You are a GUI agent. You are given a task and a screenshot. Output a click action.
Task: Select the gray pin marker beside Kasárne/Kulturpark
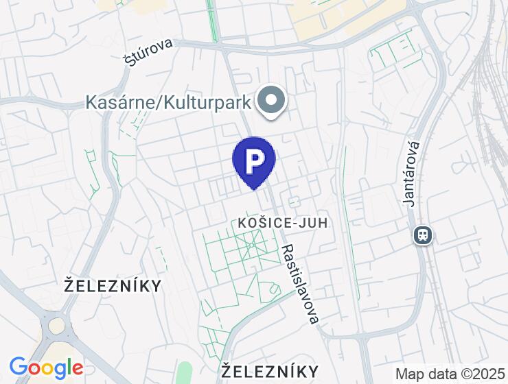pos(272,101)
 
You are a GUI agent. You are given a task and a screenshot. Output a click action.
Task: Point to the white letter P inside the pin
pos(254,160)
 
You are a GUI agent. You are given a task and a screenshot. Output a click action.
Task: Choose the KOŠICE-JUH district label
pos(282,223)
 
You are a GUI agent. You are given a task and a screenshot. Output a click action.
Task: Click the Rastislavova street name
pos(301,284)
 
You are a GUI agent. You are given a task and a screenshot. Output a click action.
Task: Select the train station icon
pos(423,236)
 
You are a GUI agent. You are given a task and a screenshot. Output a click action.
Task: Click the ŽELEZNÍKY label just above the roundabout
pos(113,285)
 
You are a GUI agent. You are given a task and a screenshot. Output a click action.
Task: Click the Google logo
pos(46,369)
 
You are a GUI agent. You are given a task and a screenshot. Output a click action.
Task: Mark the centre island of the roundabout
pos(56,325)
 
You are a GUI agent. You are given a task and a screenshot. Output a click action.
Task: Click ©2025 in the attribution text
pos(481,374)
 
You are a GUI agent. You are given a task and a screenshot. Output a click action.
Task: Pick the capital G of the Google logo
pos(19,368)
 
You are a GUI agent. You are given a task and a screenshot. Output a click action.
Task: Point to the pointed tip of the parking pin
pos(254,189)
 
